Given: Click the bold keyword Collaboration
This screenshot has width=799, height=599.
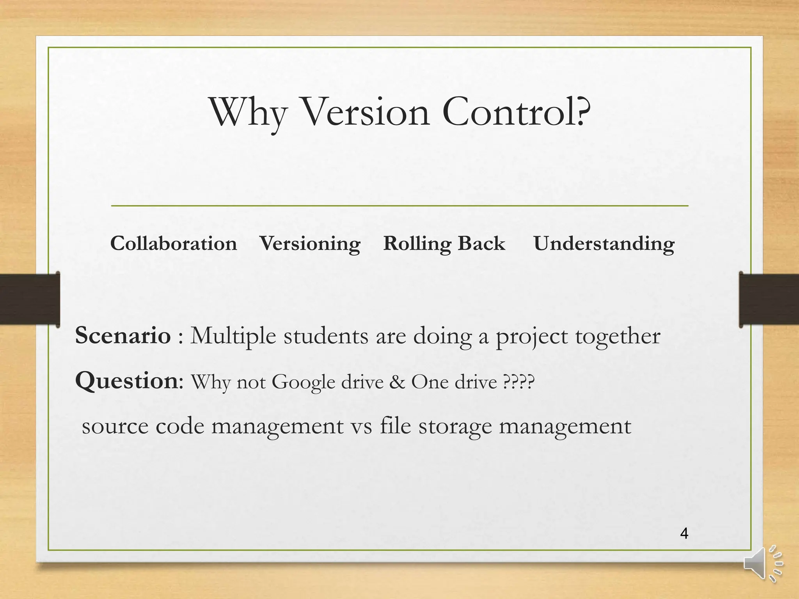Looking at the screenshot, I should (174, 244).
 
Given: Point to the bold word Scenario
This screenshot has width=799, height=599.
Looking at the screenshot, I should (123, 335).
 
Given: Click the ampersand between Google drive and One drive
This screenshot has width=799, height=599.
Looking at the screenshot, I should (397, 382).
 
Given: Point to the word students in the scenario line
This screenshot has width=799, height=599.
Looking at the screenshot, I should (326, 336).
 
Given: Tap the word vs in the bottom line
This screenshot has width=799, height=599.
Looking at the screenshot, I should (361, 426).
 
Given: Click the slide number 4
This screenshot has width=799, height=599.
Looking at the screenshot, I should (684, 533).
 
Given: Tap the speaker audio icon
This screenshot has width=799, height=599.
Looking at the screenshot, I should (763, 564).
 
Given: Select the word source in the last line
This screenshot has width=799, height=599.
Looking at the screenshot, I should (115, 426).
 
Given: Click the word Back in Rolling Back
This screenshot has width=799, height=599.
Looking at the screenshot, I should (481, 244).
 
